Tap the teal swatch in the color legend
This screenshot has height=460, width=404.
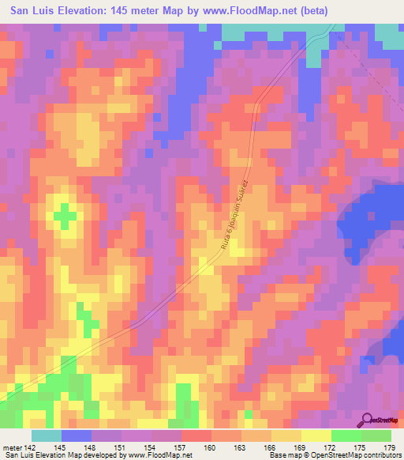point(47,435)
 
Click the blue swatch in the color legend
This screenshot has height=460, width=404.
point(77,435)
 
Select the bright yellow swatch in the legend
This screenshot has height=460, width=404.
point(316,435)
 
